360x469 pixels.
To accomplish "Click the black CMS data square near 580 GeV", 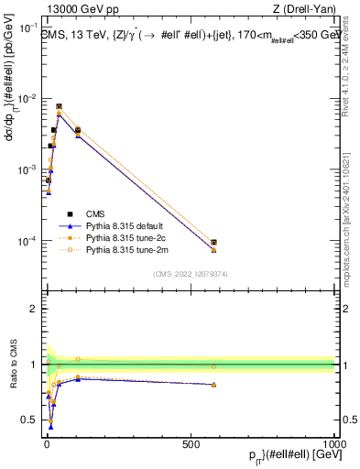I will pos(213,243).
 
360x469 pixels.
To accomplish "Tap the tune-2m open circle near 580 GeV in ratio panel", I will pos(213,366).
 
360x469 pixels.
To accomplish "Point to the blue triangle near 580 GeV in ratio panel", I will pos(213,385).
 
